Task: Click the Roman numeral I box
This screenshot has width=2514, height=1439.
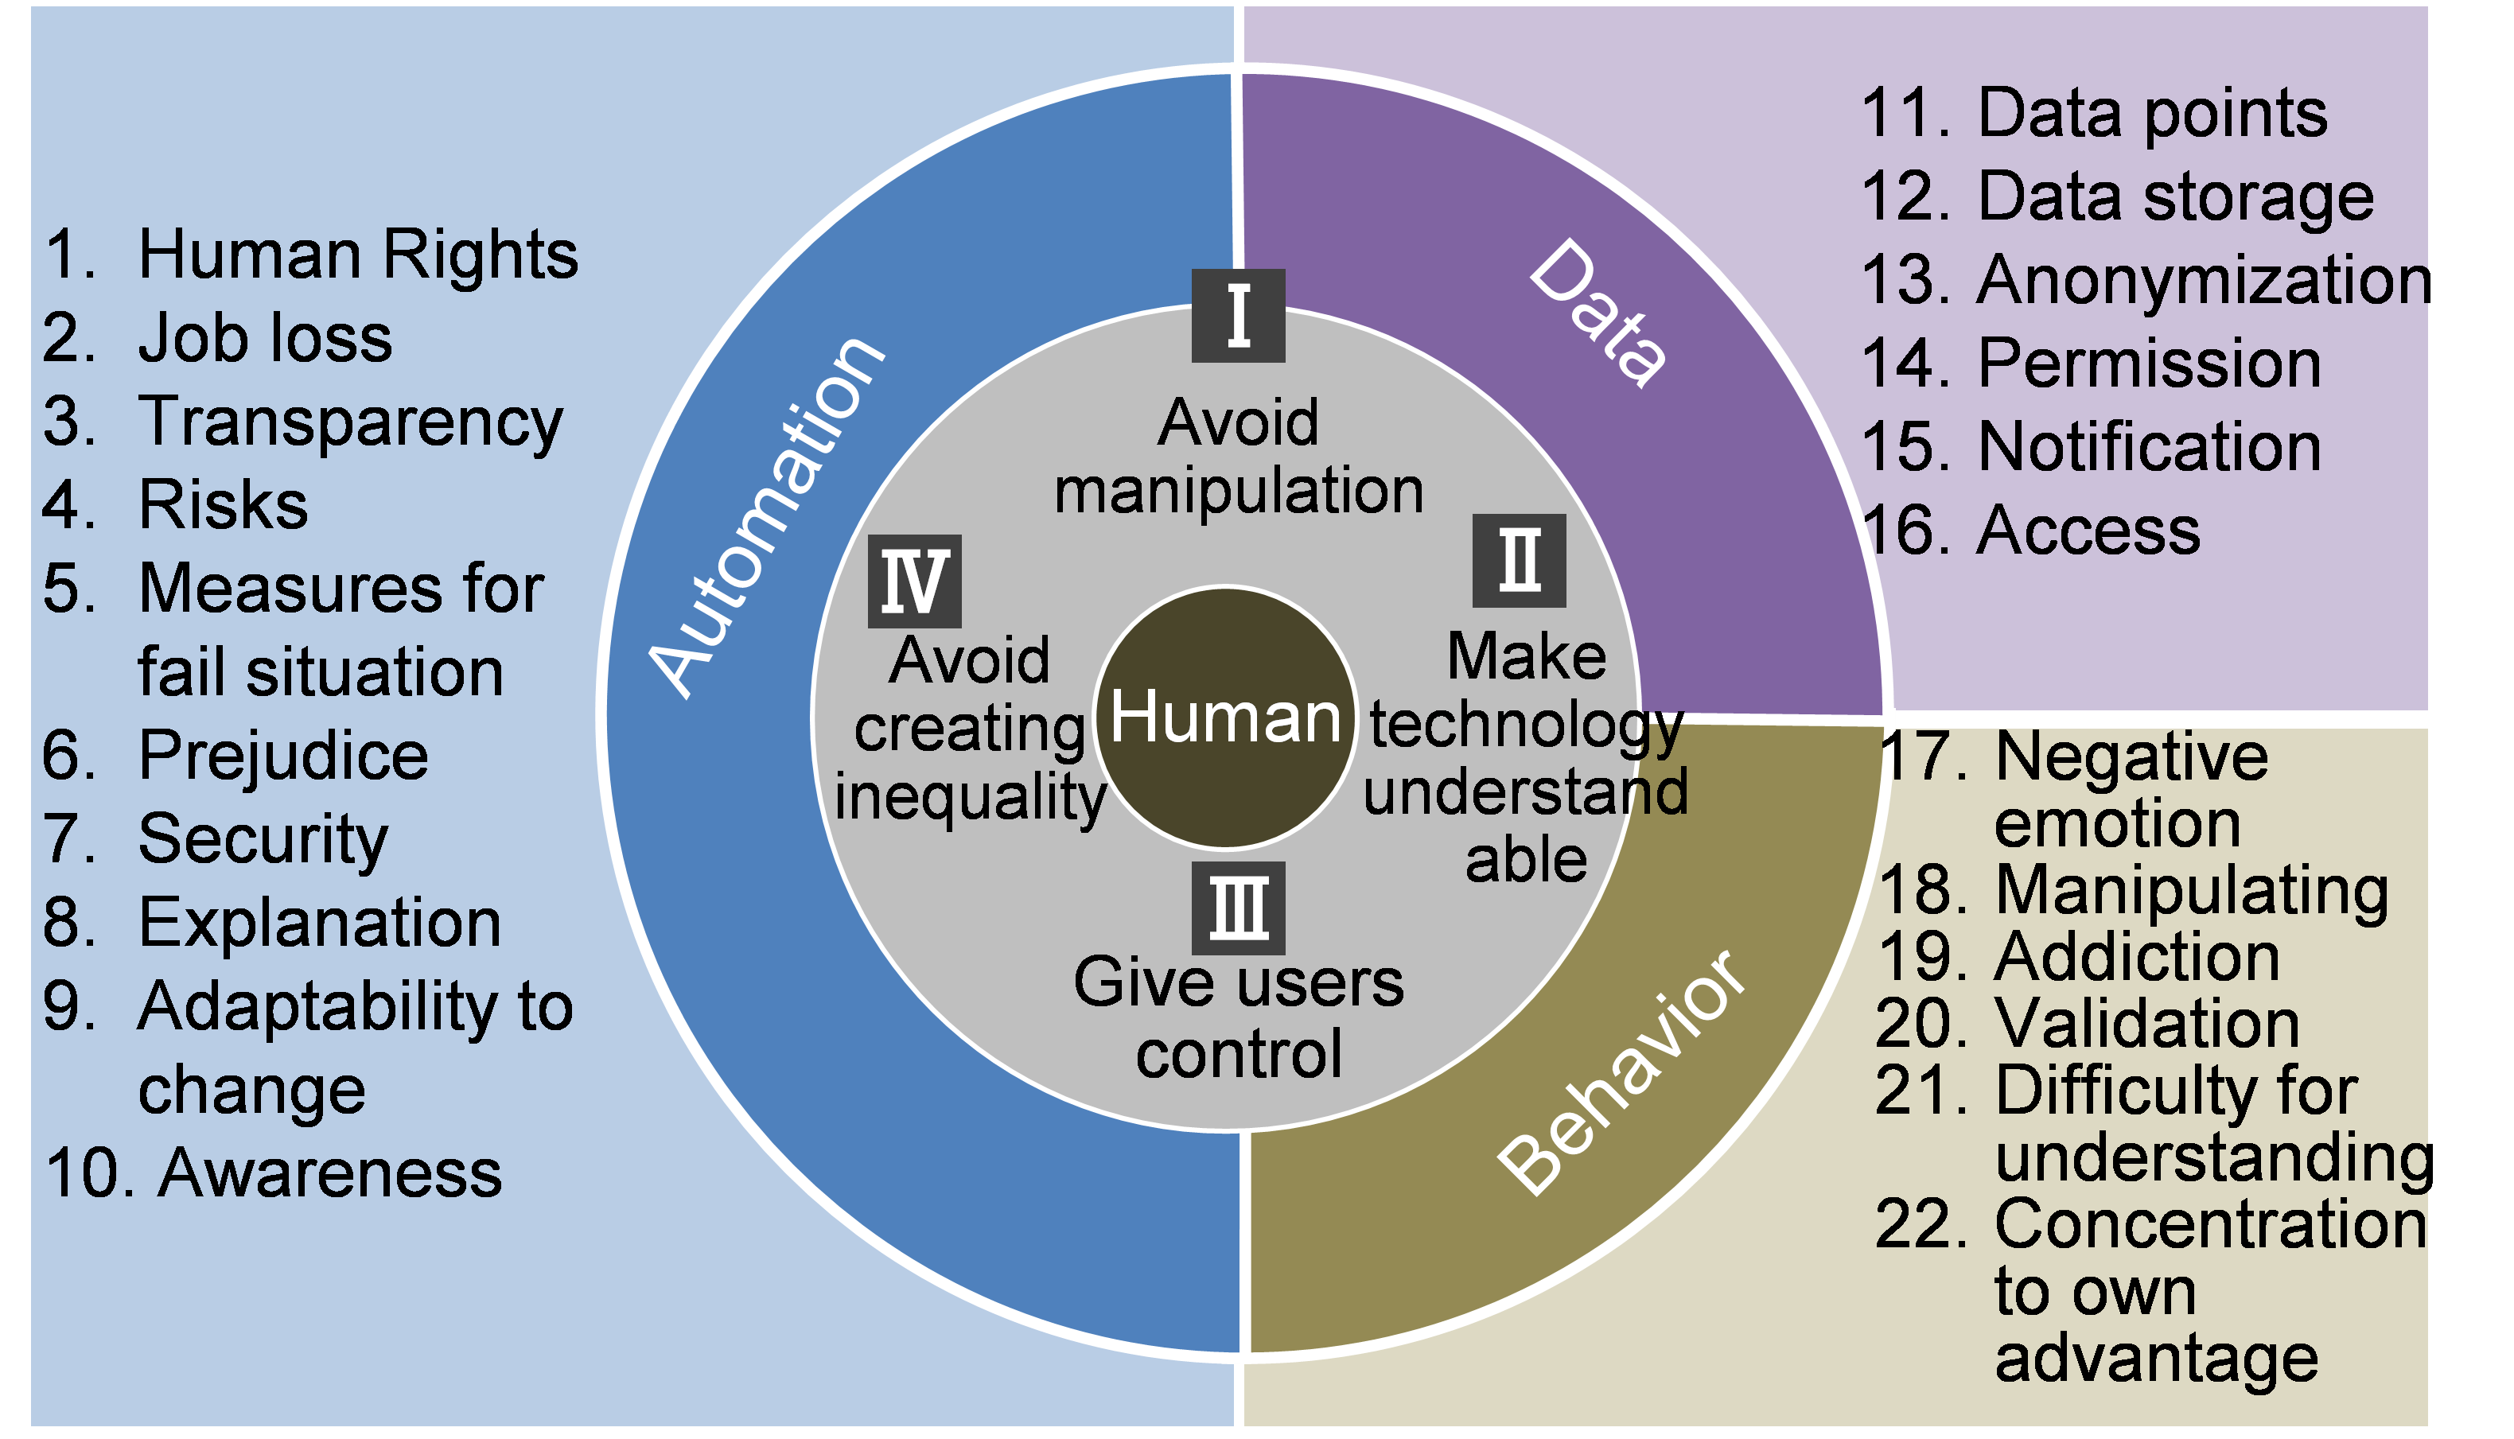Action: [1237, 315]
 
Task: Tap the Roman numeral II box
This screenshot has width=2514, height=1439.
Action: [1519, 560]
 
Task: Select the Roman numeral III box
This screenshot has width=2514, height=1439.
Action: [1238, 908]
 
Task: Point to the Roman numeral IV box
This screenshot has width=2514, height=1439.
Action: [914, 581]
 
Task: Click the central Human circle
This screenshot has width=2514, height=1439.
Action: [1225, 717]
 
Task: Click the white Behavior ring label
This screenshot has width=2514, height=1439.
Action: [1621, 1071]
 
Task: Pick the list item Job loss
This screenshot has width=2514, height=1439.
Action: [265, 338]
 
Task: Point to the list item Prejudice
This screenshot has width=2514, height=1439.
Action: [282, 756]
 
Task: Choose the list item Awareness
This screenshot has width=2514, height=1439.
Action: [329, 1173]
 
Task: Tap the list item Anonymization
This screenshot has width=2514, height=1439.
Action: [2201, 280]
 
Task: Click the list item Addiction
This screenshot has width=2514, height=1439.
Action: [2137, 957]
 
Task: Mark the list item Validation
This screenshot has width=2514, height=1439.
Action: [2146, 1023]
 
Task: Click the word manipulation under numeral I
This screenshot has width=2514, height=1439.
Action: [1238, 491]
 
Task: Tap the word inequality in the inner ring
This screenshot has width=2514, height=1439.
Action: [970, 796]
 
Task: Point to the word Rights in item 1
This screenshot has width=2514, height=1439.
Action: [479, 255]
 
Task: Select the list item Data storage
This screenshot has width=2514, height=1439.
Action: [2175, 196]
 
